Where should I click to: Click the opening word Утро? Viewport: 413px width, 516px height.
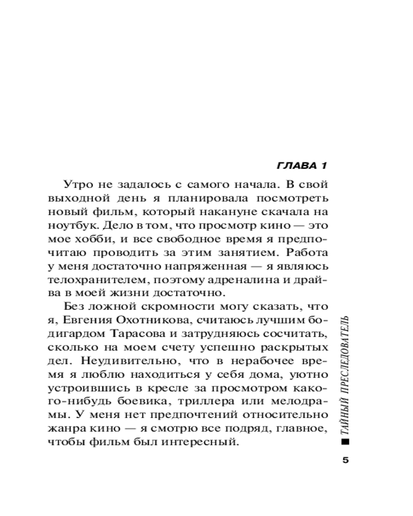(77, 184)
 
